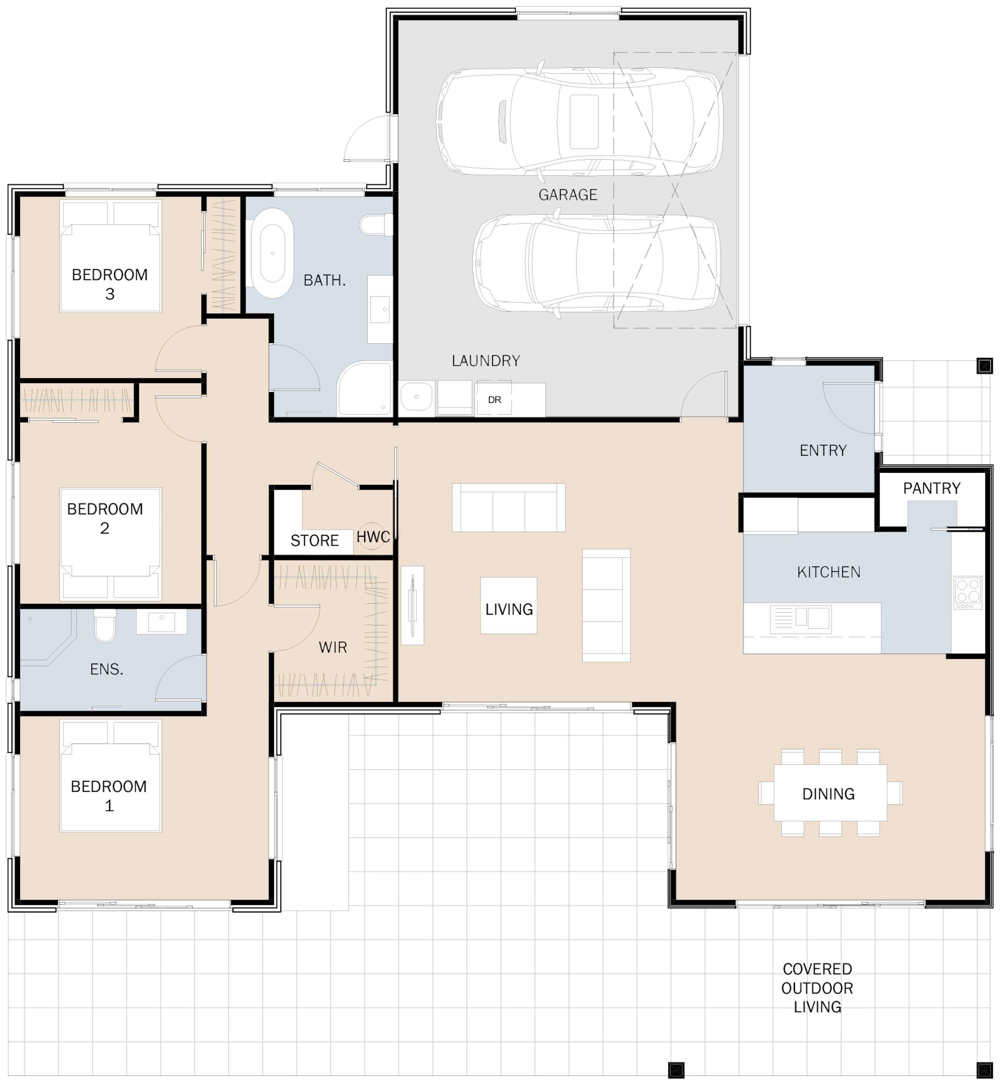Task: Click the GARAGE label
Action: [x=567, y=195]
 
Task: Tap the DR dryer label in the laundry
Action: [x=494, y=400]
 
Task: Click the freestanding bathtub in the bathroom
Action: [x=272, y=253]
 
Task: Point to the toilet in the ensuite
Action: [x=105, y=626]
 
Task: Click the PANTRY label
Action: [x=931, y=488]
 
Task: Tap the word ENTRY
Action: [x=823, y=450]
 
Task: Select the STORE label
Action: [x=314, y=541]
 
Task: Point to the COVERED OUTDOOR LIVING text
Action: [x=817, y=988]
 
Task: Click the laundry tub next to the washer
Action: [x=417, y=397]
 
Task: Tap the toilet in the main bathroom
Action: [x=377, y=224]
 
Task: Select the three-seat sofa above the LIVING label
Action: [x=509, y=507]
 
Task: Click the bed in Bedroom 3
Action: [x=110, y=256]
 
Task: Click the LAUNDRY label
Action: [x=486, y=361]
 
